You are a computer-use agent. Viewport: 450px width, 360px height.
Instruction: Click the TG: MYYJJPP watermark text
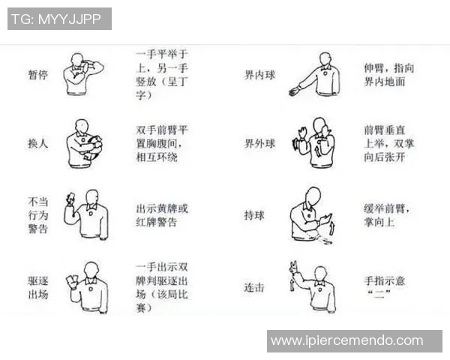click(x=59, y=19)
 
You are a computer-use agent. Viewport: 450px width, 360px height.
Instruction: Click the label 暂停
click(x=37, y=76)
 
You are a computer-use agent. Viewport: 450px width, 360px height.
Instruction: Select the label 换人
click(x=37, y=142)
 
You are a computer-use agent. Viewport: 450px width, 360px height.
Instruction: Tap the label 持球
click(x=254, y=215)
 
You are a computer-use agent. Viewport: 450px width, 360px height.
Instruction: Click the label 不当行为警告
click(x=37, y=215)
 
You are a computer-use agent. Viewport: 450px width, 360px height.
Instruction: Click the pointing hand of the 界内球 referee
click(x=293, y=91)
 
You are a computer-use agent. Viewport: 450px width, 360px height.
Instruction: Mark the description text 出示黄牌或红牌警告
click(x=161, y=215)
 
